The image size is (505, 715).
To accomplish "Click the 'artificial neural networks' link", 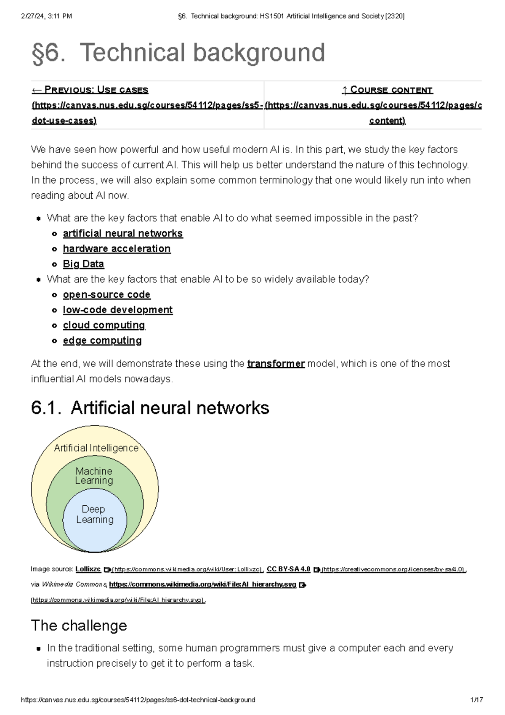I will coord(122,233).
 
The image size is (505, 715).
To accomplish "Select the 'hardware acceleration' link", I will coord(117,249).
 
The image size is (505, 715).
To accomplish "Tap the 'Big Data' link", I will coord(83,264).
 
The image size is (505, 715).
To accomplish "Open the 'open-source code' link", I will coord(106,295).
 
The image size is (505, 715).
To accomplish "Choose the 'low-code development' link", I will coord(117,310).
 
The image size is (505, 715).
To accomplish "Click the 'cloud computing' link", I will coord(104,325).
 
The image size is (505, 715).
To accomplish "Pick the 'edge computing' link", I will coord(102,340).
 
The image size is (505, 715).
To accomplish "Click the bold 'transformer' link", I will coord(276,363).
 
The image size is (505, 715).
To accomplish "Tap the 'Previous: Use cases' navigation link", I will coord(90,90).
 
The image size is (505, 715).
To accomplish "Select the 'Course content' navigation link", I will coord(387,90).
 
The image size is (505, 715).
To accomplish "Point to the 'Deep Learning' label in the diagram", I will coord(95,514).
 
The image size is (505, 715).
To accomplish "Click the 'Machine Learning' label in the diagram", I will coord(94,476).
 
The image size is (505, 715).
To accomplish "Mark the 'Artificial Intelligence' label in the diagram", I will coord(96,448).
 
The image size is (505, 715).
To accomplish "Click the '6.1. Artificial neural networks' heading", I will coord(150,408).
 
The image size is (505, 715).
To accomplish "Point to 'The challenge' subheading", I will coord(79,625).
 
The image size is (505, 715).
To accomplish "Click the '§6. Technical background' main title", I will coord(178,53).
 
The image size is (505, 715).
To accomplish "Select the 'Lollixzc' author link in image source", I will coord(88,569).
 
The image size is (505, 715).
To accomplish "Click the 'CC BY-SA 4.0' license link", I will coord(289,569).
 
